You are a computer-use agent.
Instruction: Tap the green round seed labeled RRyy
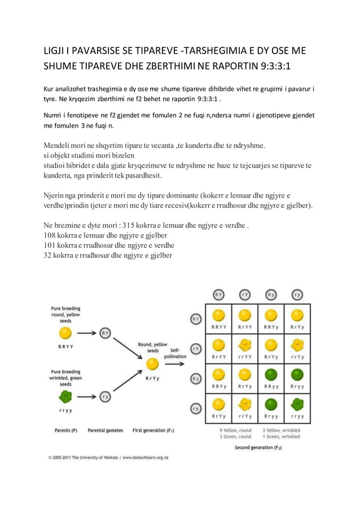tap(271, 374)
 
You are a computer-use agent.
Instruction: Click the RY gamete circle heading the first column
tap(219, 294)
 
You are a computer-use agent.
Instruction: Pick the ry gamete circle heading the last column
tap(297, 294)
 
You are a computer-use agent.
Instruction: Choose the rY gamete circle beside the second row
tap(196, 349)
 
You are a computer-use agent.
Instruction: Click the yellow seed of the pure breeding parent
tap(65, 333)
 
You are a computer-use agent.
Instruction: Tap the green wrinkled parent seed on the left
tap(65, 397)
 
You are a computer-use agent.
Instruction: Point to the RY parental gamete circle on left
tap(106, 333)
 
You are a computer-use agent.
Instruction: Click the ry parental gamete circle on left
tap(106, 397)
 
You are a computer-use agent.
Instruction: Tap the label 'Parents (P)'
tap(65, 431)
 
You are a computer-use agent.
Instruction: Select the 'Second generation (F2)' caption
tap(258, 447)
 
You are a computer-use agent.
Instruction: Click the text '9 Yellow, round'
tap(235, 430)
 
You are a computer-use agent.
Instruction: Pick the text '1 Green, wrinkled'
tap(281, 436)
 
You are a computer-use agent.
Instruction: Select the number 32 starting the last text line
tap(49, 255)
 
